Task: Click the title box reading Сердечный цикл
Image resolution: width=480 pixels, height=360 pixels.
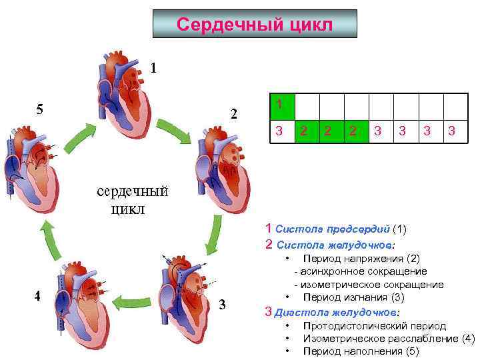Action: (255, 24)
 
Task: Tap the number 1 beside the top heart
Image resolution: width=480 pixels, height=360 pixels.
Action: (154, 67)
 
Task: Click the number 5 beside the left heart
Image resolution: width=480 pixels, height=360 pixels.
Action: (39, 109)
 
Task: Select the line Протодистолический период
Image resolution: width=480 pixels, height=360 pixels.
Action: (374, 326)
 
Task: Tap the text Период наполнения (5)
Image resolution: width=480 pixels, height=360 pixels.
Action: (361, 351)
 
